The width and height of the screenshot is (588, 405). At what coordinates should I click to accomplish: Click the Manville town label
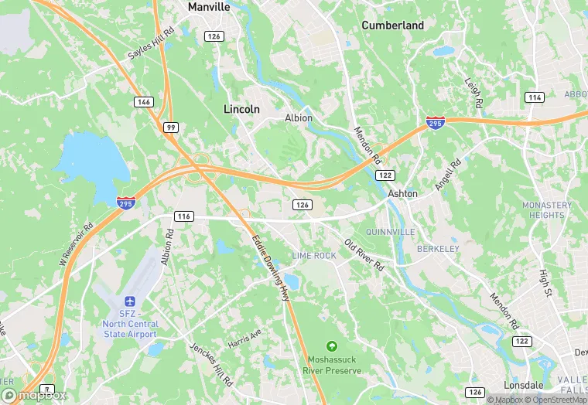pos(209,6)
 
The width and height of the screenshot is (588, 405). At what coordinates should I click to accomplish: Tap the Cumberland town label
pos(393,26)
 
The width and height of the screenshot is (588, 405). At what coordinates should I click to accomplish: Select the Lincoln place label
pos(241,109)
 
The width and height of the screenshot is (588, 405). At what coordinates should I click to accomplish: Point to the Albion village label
pos(299,118)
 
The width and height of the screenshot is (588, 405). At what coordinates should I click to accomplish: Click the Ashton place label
pos(402,194)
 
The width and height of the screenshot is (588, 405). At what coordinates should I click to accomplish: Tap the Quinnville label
pos(392,232)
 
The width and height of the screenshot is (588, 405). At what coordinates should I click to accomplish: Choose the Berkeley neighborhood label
pos(438,249)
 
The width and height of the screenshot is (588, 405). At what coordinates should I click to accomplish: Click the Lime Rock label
pos(314,255)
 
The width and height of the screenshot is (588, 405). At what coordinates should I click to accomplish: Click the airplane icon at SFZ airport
pos(129,300)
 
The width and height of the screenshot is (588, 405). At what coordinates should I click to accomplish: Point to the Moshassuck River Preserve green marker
pos(332,345)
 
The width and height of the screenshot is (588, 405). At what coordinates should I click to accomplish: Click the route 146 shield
pos(142,102)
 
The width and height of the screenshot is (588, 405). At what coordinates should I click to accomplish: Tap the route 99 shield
pos(170,126)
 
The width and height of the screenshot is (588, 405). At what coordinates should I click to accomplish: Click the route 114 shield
pos(534,97)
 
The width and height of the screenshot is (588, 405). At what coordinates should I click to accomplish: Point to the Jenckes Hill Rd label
pos(211,364)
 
